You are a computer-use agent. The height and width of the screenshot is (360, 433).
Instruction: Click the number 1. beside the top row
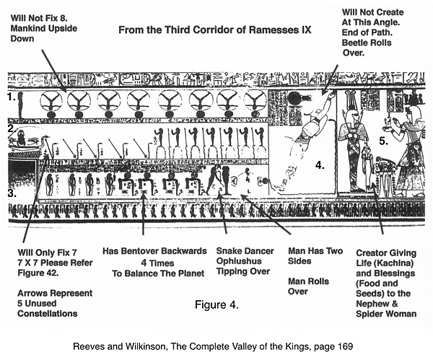pos(11,96)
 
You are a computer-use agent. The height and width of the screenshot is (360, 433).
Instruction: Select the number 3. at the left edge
pos(11,193)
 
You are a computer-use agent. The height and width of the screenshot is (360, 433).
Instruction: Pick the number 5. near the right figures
pos(384,141)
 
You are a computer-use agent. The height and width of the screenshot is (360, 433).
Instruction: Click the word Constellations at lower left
pos(48,314)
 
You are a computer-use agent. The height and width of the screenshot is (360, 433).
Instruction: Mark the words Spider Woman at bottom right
pos(387,314)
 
